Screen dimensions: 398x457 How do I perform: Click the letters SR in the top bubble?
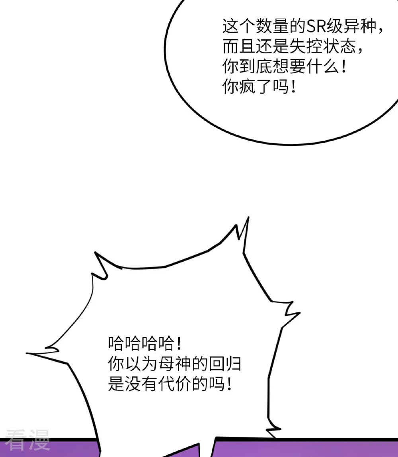(x=316, y=27)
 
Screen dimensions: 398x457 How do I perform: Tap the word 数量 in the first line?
(x=273, y=27)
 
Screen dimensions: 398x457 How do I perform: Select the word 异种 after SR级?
(x=360, y=27)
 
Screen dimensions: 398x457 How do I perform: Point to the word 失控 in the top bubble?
(x=306, y=47)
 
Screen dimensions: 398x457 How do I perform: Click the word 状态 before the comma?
(x=339, y=47)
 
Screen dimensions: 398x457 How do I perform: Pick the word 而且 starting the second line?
(x=239, y=47)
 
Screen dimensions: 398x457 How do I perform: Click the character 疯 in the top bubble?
(x=248, y=86)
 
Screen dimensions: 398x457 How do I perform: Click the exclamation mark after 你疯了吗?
(x=293, y=86)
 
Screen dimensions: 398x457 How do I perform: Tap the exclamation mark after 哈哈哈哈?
(x=179, y=343)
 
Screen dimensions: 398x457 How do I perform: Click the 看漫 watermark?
(x=27, y=440)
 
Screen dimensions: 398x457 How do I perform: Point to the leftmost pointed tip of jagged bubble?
(x=27, y=353)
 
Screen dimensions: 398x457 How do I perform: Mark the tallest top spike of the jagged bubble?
(x=248, y=217)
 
